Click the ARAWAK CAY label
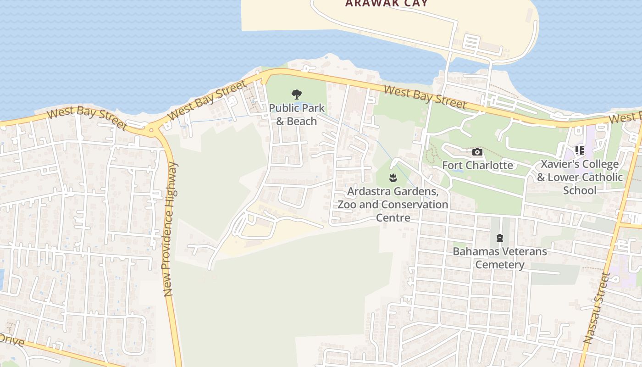[x=386, y=4]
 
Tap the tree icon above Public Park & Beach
[x=297, y=95]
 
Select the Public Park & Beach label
[x=297, y=115]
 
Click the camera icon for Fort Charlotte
[x=477, y=152]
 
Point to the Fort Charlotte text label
[x=477, y=165]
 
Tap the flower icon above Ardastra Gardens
[x=393, y=178]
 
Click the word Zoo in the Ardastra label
[x=347, y=204]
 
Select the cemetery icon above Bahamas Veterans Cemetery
[x=499, y=238]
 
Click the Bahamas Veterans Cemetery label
[x=500, y=258]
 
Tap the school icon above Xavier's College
[x=580, y=150]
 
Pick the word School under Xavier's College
[x=580, y=190]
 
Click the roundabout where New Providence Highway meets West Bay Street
[x=151, y=130]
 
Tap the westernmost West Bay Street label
[x=87, y=118]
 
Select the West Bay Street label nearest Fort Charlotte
[x=425, y=97]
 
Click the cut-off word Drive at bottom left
[x=11, y=340]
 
